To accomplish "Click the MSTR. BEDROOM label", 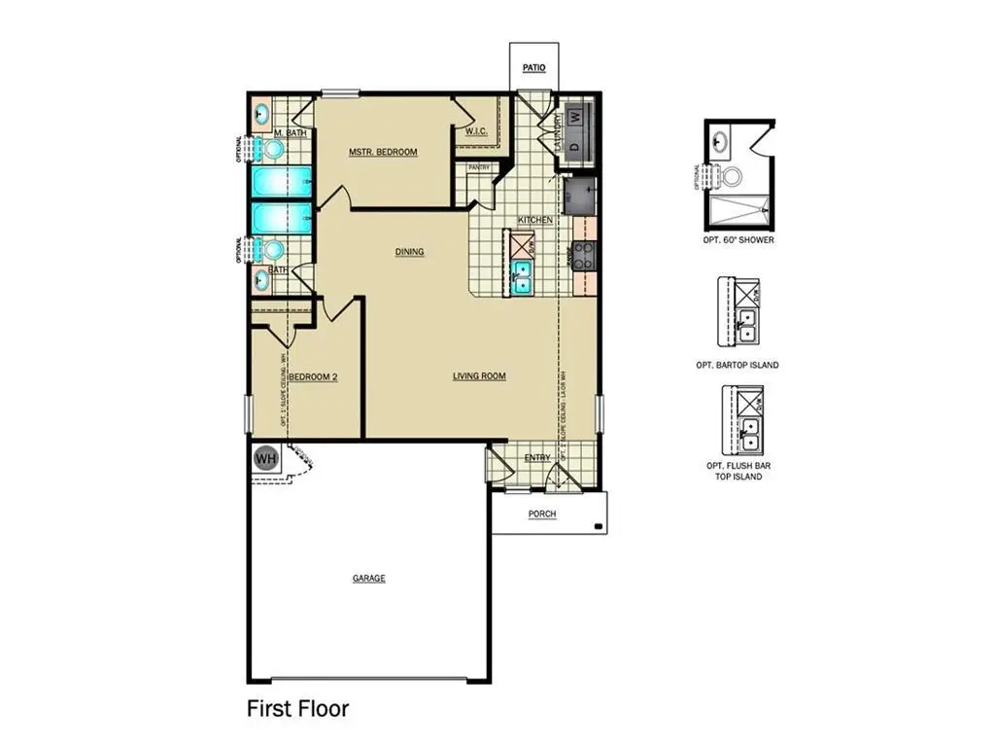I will [x=383, y=153].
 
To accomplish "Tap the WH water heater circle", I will [x=264, y=457].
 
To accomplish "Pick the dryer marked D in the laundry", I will [x=575, y=145].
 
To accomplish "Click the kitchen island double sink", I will [x=521, y=278].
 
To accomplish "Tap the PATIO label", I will [x=533, y=68].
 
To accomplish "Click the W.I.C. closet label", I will [x=476, y=131].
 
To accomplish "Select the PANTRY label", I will [x=479, y=168].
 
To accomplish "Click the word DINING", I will [x=409, y=252].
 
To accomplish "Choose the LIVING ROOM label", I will [x=479, y=375].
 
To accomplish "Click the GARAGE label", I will [x=368, y=579].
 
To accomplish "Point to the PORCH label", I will [x=542, y=514].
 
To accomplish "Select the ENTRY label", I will [x=536, y=457].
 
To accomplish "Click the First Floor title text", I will [x=297, y=708].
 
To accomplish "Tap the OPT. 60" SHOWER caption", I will [x=739, y=240].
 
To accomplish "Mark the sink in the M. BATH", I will [x=261, y=115].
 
